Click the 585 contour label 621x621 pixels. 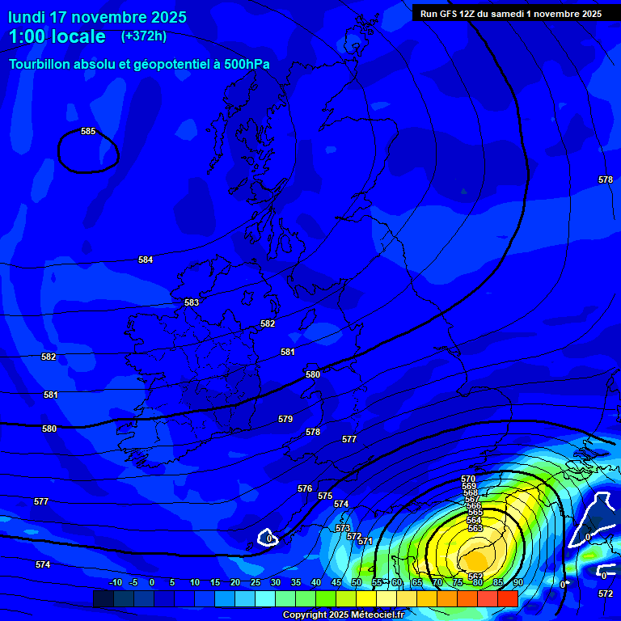(88, 131)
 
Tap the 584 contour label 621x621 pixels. (146, 260)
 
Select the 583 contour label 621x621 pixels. (192, 302)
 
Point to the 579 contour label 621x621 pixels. (285, 419)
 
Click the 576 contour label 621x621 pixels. (305, 488)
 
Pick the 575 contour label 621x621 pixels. (325, 496)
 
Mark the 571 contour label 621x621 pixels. (365, 541)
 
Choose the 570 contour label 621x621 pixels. (469, 479)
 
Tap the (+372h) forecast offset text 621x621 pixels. (144, 36)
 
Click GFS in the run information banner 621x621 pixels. (450, 14)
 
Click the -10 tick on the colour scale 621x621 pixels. (115, 582)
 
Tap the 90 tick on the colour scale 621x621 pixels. (517, 582)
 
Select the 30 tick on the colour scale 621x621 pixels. (275, 582)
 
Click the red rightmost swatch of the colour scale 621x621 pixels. (507, 598)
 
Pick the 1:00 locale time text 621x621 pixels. (57, 36)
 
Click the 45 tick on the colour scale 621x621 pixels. (336, 582)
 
